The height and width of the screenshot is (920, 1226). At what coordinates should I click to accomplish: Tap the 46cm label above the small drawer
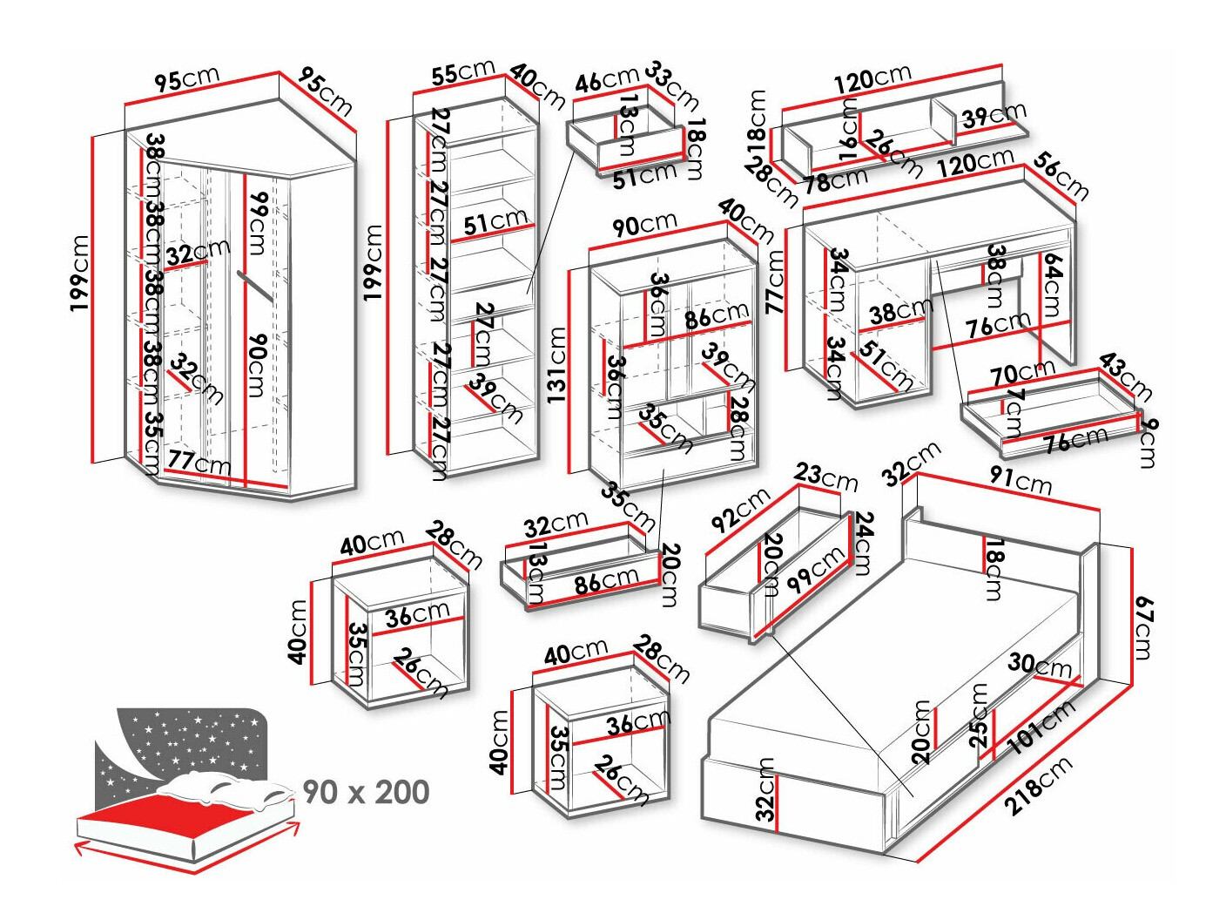(x=607, y=80)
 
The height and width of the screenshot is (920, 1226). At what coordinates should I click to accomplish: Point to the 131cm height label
(x=556, y=365)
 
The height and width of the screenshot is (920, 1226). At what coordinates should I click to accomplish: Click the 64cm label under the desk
(x=1052, y=285)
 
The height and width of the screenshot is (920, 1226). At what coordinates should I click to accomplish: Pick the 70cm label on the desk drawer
(x=1022, y=373)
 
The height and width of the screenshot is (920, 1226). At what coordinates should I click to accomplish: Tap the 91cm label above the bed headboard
(x=1021, y=481)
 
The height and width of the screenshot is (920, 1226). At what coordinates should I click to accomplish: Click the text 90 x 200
(x=367, y=792)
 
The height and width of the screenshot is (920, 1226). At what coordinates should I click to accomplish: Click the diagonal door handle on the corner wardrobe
(x=255, y=286)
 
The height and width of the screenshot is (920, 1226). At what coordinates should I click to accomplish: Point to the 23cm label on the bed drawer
(x=825, y=477)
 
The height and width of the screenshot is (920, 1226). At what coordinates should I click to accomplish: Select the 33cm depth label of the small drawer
(x=671, y=86)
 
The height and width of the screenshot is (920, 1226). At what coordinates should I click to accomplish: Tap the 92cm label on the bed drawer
(x=741, y=510)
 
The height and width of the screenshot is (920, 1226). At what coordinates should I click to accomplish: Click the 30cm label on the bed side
(x=1040, y=666)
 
